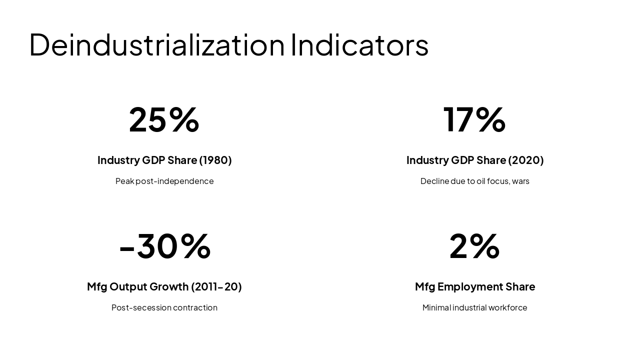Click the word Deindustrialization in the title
coord(157,45)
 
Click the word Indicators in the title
coord(359,45)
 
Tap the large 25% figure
coord(164,119)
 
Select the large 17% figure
coord(474,119)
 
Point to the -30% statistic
coord(164,246)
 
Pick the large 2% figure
coord(474,246)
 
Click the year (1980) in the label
coord(215,160)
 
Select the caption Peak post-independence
coord(164,181)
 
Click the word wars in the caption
coord(520,181)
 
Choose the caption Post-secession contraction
coord(164,307)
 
